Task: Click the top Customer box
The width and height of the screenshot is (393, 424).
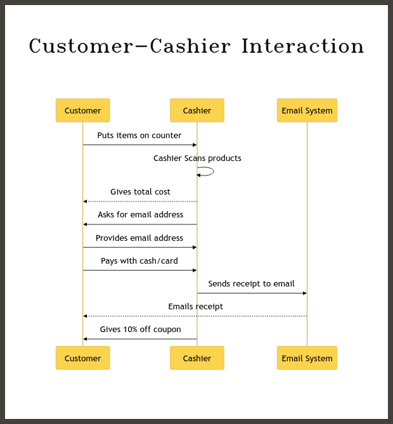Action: tap(83, 110)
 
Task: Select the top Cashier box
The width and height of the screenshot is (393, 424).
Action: tap(197, 110)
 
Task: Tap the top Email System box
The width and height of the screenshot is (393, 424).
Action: tap(307, 110)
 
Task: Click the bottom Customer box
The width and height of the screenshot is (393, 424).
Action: tap(83, 357)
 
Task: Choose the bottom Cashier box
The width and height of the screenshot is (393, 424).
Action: tap(197, 357)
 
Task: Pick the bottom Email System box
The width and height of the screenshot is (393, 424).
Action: tap(307, 357)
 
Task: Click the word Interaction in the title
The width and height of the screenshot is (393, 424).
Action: tap(302, 46)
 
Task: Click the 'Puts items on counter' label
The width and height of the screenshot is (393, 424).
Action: tap(139, 135)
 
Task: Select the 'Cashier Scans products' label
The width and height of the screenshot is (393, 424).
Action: tap(197, 158)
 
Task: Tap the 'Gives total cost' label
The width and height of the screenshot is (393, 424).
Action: tap(140, 192)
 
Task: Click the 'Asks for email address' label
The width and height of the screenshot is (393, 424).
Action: tap(140, 214)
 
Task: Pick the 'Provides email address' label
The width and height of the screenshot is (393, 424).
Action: tap(139, 238)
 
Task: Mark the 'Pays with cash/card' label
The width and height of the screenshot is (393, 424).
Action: tap(139, 261)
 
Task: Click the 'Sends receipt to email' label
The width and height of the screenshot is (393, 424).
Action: tap(251, 284)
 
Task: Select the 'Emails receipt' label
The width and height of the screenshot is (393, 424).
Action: tap(196, 307)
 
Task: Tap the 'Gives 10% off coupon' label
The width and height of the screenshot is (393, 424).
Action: tap(140, 330)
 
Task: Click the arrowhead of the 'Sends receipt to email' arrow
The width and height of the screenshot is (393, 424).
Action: tap(305, 293)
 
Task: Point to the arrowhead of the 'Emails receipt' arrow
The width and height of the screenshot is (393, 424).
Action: tap(85, 316)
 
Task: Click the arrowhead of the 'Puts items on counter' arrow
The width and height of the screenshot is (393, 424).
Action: tap(195, 145)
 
